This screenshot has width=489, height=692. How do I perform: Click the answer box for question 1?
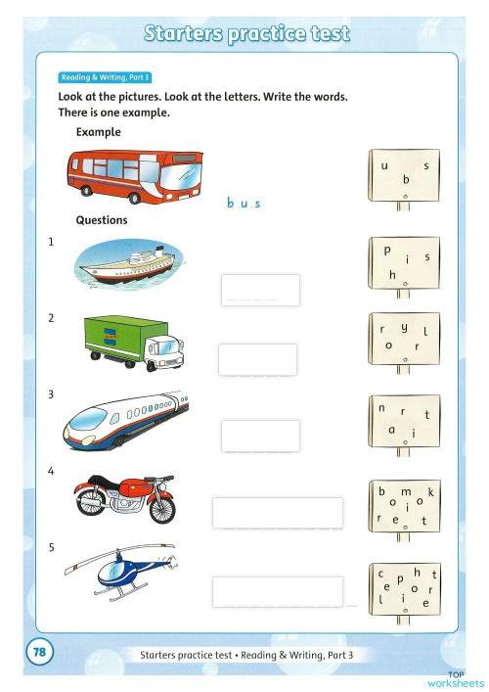click(260, 290)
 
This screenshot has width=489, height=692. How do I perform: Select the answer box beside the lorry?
click(257, 359)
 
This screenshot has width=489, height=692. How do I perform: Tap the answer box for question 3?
click(260, 436)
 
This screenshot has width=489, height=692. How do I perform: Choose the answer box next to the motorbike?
click(278, 513)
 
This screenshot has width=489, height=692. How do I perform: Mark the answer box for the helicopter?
click(278, 591)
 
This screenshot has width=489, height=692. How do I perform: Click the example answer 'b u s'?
click(244, 204)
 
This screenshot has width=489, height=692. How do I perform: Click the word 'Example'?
click(98, 131)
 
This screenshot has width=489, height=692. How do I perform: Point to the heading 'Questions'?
click(102, 221)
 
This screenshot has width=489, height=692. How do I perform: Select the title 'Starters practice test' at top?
click(246, 34)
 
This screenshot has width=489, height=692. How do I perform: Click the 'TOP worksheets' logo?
click(455, 678)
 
